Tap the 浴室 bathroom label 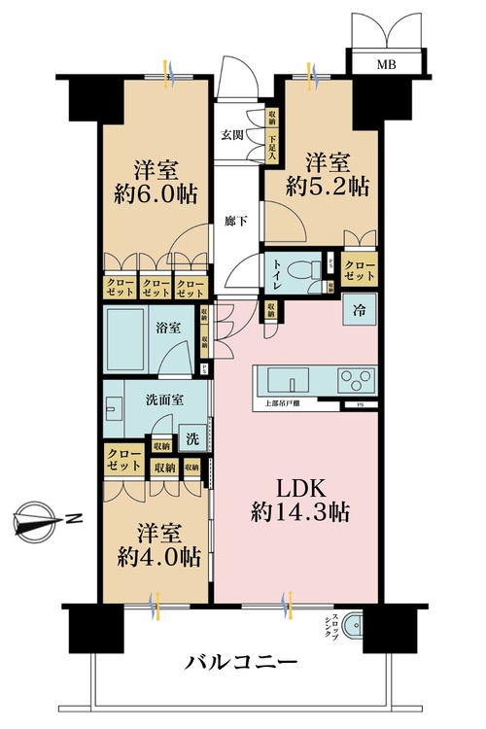166,329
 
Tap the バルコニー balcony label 240,664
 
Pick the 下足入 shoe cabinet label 272,148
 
